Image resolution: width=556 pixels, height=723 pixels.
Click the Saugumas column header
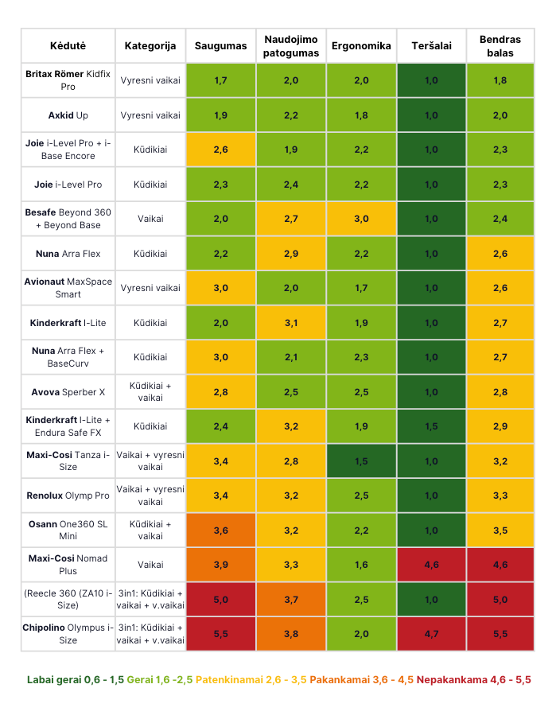(220, 46)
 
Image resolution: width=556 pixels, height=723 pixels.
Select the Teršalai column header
(431, 46)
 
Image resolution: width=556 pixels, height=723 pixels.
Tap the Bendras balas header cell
(500, 46)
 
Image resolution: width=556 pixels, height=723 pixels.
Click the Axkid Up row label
(68, 115)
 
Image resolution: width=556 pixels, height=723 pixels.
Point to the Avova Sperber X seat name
(68, 392)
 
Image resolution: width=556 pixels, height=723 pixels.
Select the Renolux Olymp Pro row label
(68, 496)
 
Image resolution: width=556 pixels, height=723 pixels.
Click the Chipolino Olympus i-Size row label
(68, 634)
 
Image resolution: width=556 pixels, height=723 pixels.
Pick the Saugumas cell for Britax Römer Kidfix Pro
(220, 80)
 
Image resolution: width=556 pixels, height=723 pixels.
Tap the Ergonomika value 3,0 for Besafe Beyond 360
(361, 219)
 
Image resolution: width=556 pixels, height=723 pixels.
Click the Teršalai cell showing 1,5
(431, 426)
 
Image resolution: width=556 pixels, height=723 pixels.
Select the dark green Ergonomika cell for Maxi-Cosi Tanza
(361, 461)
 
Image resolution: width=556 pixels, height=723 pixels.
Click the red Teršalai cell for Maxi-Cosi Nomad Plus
(431, 565)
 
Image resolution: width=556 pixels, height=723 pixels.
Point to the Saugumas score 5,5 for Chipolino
(220, 634)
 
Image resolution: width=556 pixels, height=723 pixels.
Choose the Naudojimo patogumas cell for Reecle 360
(290, 599)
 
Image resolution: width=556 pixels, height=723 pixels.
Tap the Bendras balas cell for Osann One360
(500, 530)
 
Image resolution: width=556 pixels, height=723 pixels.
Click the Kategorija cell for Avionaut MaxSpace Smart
(150, 288)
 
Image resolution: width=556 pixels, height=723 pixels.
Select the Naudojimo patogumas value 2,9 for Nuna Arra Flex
(290, 254)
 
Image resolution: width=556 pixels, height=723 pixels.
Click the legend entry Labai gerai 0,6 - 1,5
(76, 680)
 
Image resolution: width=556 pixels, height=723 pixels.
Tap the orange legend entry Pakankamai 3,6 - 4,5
(361, 680)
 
